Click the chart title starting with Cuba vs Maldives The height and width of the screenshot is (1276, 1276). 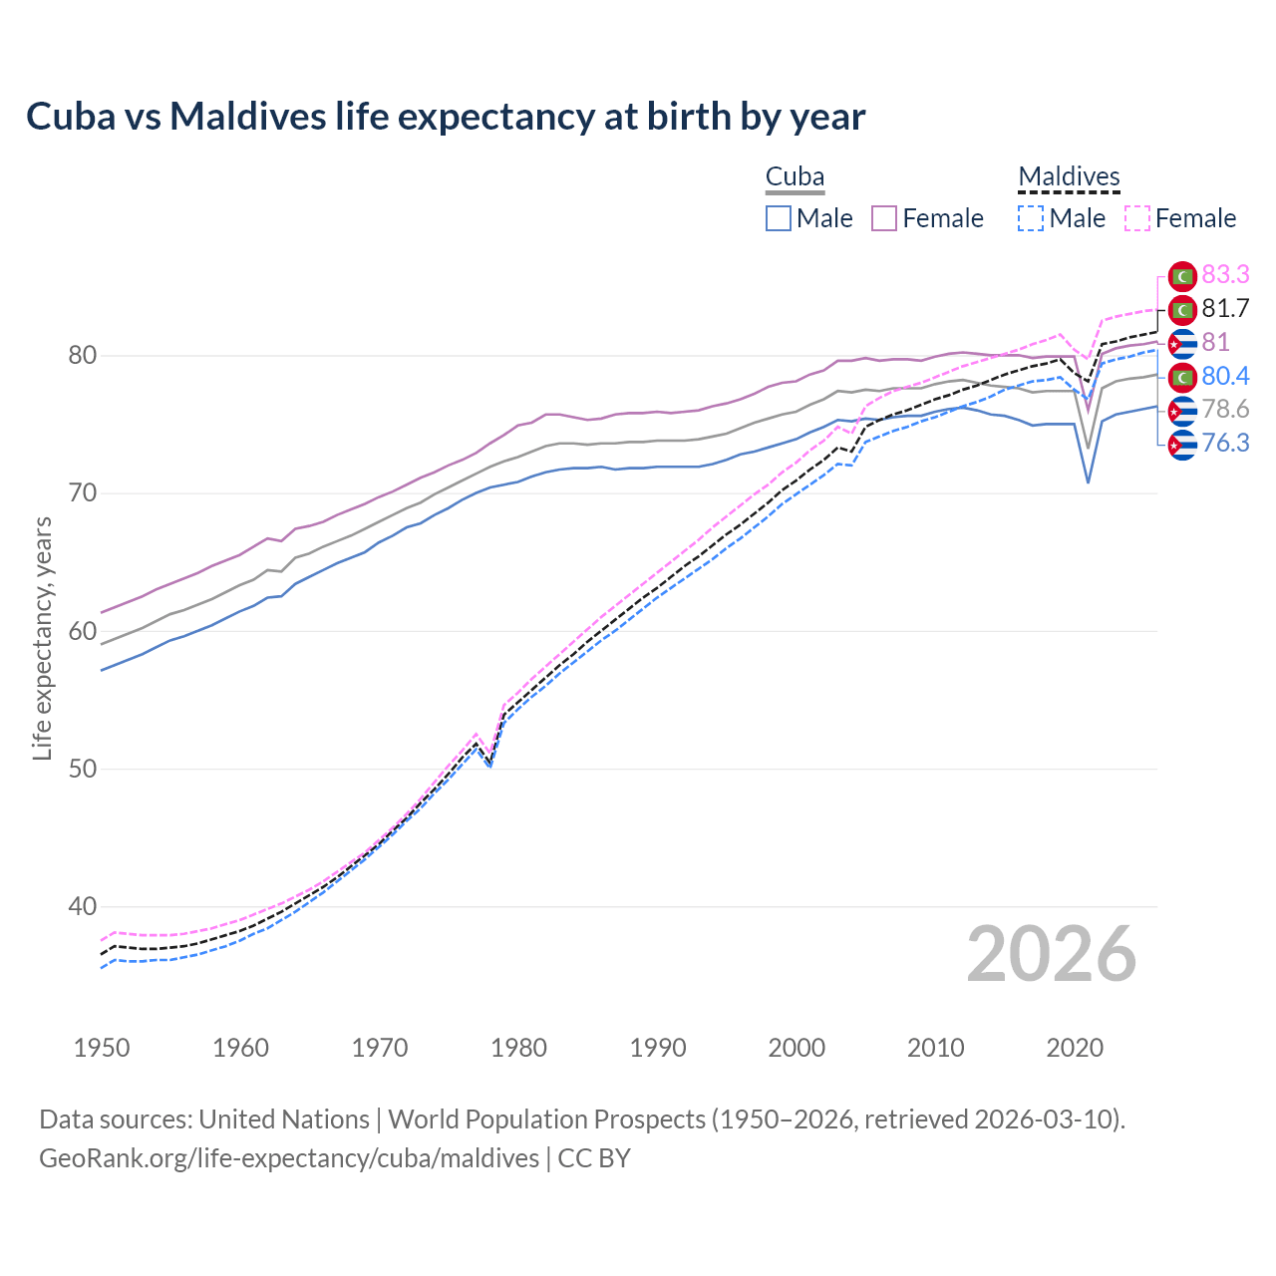pos(446,117)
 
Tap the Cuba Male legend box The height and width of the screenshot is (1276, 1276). pos(779,218)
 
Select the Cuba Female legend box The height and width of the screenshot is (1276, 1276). pos(884,218)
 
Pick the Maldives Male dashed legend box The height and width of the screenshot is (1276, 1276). pos(1031,218)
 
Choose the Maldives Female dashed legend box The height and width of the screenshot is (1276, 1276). pos(1137,218)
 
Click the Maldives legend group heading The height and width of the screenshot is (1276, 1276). pos(1069,177)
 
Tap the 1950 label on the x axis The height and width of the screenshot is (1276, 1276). pos(102,1048)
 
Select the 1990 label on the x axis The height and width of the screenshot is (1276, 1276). pos(658,1048)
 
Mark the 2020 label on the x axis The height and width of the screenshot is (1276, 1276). pos(1075,1048)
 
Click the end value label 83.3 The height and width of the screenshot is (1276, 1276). pos(1225,274)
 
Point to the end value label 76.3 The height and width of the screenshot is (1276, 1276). pos(1225,443)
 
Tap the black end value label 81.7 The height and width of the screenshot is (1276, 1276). pos(1225,309)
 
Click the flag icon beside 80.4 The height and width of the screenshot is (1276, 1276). pos(1182,377)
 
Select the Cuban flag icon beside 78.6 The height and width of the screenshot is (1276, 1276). pos(1182,410)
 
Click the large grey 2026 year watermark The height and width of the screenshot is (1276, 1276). pos(1052,954)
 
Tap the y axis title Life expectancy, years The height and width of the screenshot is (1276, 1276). pos(43,638)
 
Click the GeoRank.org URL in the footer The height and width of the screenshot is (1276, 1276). pos(289,1158)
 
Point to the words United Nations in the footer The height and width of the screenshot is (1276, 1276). pos(284,1119)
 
